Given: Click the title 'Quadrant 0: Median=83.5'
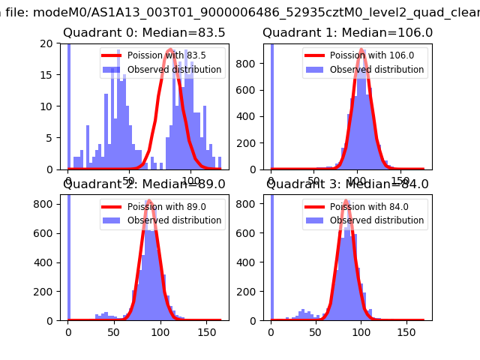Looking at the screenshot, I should click(x=145, y=33).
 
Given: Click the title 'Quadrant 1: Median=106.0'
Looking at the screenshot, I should click(x=347, y=33).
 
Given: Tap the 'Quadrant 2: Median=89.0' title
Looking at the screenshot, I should click(x=145, y=184).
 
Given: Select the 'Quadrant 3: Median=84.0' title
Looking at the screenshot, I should click(x=347, y=184).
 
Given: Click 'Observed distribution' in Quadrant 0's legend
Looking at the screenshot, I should click(x=173, y=70).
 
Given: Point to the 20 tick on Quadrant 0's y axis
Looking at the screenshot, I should click(x=50, y=43).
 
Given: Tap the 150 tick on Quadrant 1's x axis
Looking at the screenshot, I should click(x=405, y=181).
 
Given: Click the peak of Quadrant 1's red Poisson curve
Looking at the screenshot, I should click(x=361, y=49).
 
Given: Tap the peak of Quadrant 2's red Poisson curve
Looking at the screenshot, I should click(x=148, y=201).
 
